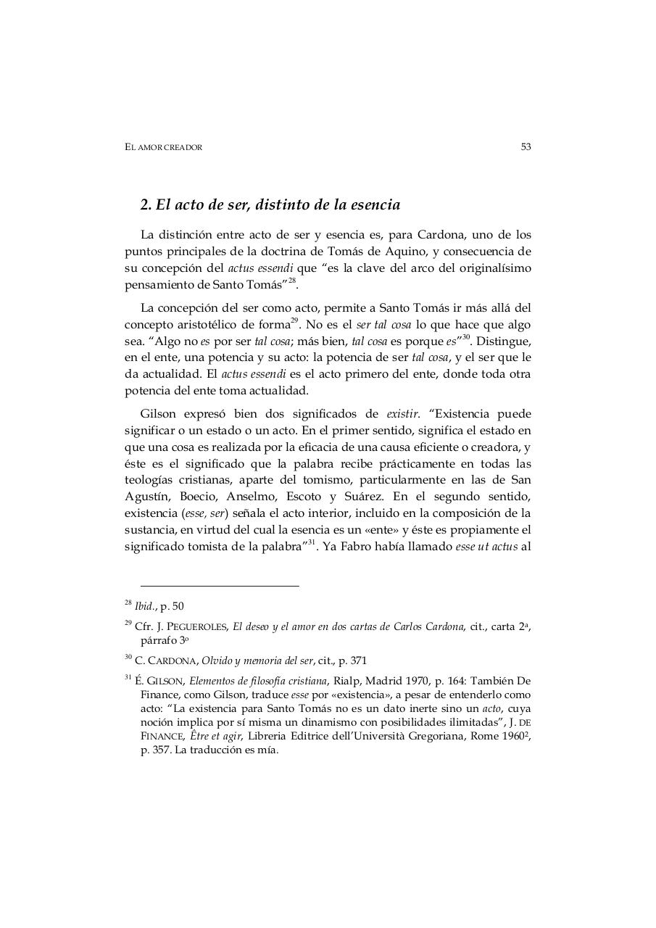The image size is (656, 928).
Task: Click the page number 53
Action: [x=526, y=146]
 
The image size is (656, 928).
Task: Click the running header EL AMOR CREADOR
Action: [x=163, y=147]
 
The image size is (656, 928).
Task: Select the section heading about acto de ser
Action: [x=270, y=204]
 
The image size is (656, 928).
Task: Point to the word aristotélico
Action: [x=214, y=324]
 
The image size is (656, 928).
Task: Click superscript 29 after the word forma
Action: [x=294, y=320]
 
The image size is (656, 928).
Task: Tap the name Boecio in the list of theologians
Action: [x=198, y=497]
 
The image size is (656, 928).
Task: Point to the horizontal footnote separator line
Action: [x=219, y=586]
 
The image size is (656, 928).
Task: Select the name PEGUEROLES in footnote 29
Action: [x=197, y=626]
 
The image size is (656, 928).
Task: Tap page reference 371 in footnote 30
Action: [x=357, y=660]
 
